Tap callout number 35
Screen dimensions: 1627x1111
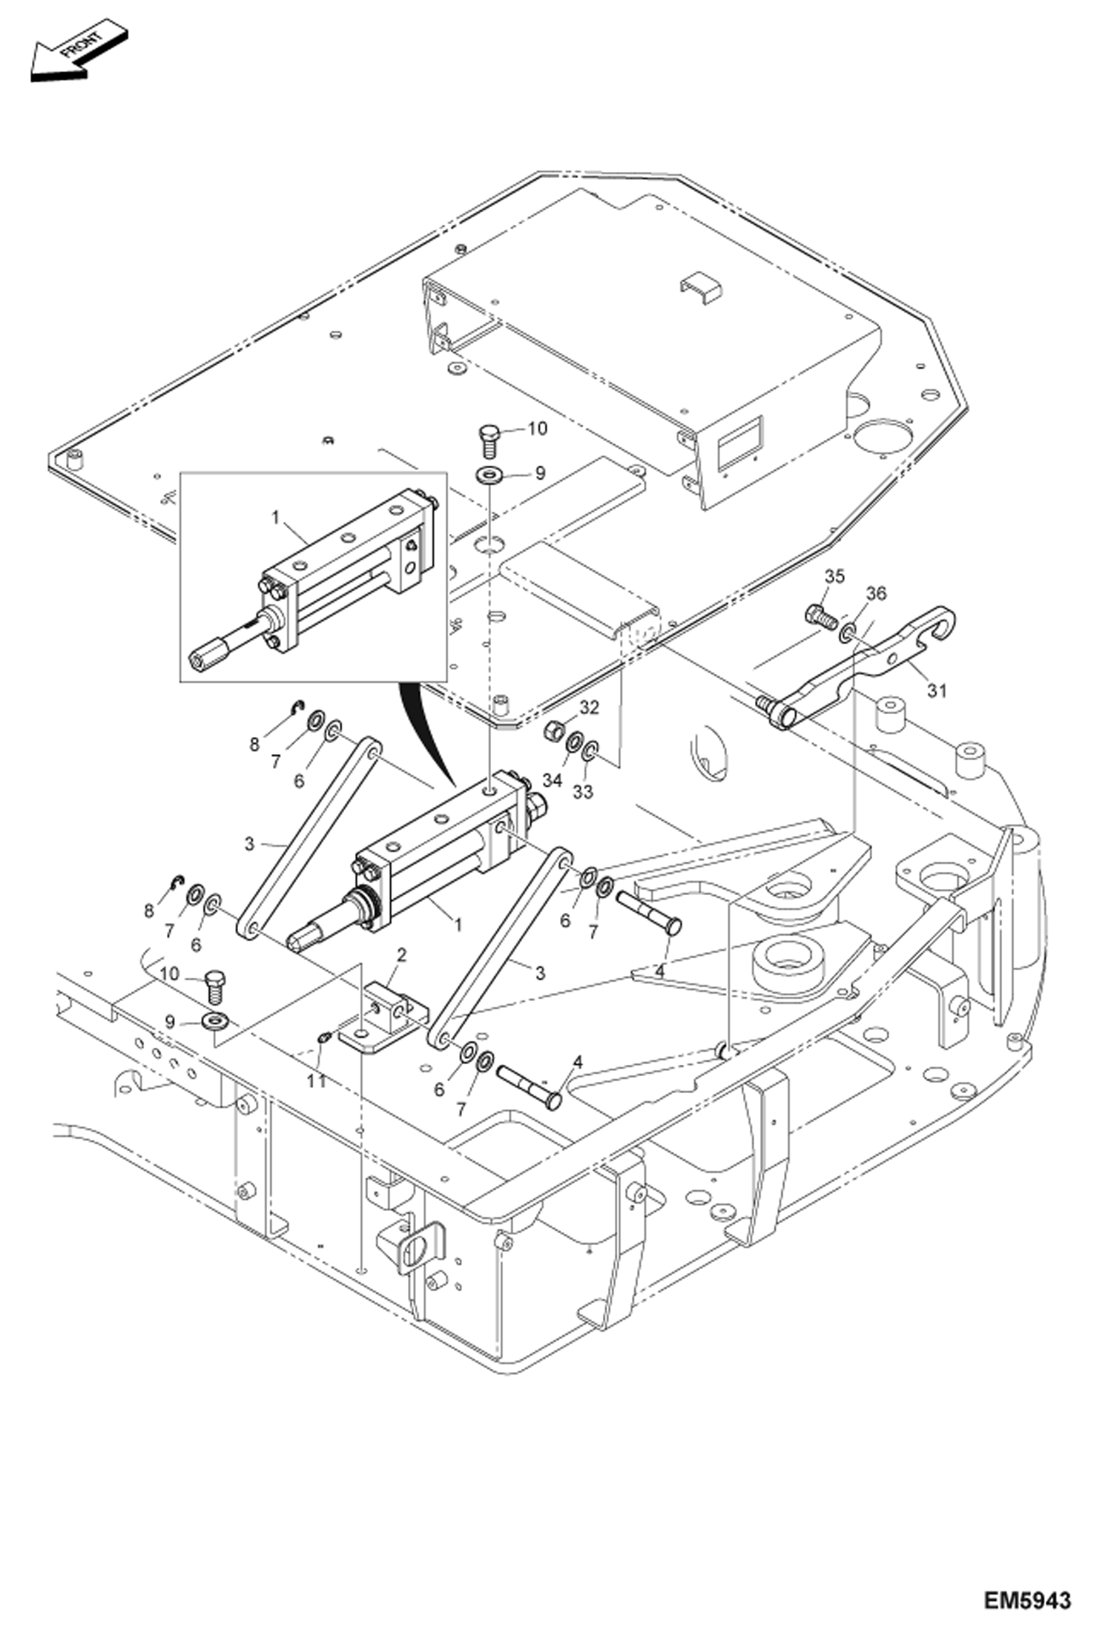[834, 576]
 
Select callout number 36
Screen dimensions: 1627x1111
[876, 593]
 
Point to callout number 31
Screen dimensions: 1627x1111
[937, 690]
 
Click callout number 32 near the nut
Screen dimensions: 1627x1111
[589, 707]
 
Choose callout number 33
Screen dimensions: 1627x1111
[583, 792]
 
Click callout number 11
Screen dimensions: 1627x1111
[317, 1082]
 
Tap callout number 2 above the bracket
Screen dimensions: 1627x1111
[401, 954]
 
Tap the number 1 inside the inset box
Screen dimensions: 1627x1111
[276, 517]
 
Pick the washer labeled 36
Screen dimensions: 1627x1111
[846, 633]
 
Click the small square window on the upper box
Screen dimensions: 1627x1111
[742, 443]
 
